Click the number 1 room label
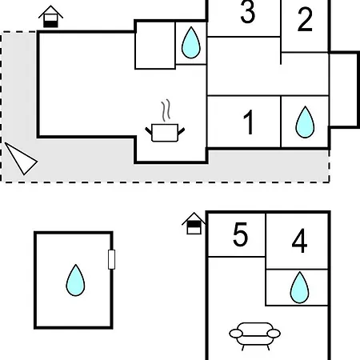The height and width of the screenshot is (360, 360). [x=249, y=122]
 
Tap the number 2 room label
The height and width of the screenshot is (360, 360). [x=305, y=19]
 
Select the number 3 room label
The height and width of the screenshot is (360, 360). [x=247, y=11]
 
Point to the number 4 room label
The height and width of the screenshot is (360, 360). [x=299, y=241]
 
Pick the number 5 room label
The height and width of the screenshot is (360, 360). [x=240, y=234]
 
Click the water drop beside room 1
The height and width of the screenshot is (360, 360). [x=305, y=122]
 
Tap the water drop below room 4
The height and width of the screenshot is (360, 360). [x=299, y=287]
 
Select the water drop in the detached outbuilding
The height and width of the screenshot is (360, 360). [x=75, y=280]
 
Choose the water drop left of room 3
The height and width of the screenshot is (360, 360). [x=191, y=42]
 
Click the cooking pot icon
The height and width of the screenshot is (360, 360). [x=165, y=133]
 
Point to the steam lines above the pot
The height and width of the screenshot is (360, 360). [x=166, y=110]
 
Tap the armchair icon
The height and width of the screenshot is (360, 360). [x=254, y=336]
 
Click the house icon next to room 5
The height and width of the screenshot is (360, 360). [x=194, y=223]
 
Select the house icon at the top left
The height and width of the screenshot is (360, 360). [x=50, y=16]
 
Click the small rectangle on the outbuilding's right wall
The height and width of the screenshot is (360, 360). [x=111, y=259]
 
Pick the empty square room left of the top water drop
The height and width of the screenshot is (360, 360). [x=155, y=46]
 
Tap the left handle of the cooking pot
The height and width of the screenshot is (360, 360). [x=148, y=131]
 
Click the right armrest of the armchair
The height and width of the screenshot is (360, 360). [x=274, y=334]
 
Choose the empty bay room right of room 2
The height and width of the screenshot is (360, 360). [x=343, y=90]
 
